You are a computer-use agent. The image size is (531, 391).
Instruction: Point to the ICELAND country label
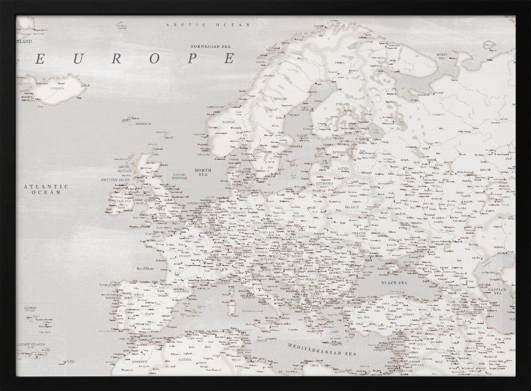pos(56,88)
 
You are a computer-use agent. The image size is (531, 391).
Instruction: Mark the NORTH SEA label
pos(203,171)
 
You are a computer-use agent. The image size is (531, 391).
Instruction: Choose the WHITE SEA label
pos(442,56)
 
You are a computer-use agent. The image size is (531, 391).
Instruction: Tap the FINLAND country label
pos(342,104)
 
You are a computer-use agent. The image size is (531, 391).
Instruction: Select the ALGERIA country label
pos(184,359)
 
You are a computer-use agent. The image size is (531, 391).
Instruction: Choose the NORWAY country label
pos(228,122)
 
